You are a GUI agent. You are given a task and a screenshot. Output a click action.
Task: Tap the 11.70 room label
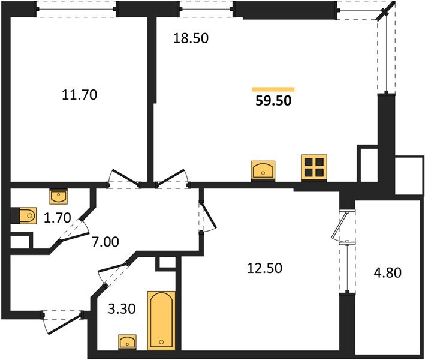click(x=79, y=94)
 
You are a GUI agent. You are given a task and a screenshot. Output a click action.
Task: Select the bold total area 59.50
click(x=273, y=101)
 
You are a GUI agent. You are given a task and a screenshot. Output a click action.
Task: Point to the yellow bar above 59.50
click(x=273, y=89)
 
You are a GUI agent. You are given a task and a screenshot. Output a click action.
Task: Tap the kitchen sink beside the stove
click(x=263, y=170)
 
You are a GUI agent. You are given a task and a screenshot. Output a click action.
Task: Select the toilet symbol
click(x=25, y=214)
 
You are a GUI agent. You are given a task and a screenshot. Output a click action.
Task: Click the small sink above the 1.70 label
click(x=58, y=196)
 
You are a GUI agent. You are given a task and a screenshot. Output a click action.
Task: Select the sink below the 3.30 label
click(x=127, y=342)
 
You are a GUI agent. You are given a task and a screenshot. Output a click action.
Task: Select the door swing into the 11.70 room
click(x=122, y=179)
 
